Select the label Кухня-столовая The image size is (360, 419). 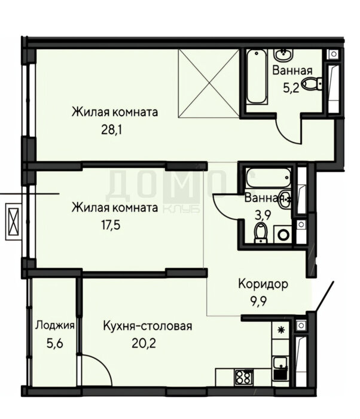pos(147,326)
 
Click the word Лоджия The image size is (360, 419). pos(54,326)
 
